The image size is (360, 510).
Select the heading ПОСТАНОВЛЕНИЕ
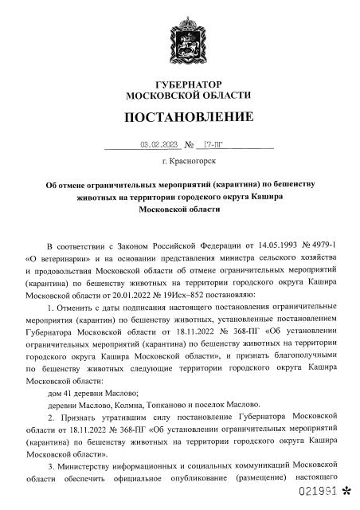coord(179,118)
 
